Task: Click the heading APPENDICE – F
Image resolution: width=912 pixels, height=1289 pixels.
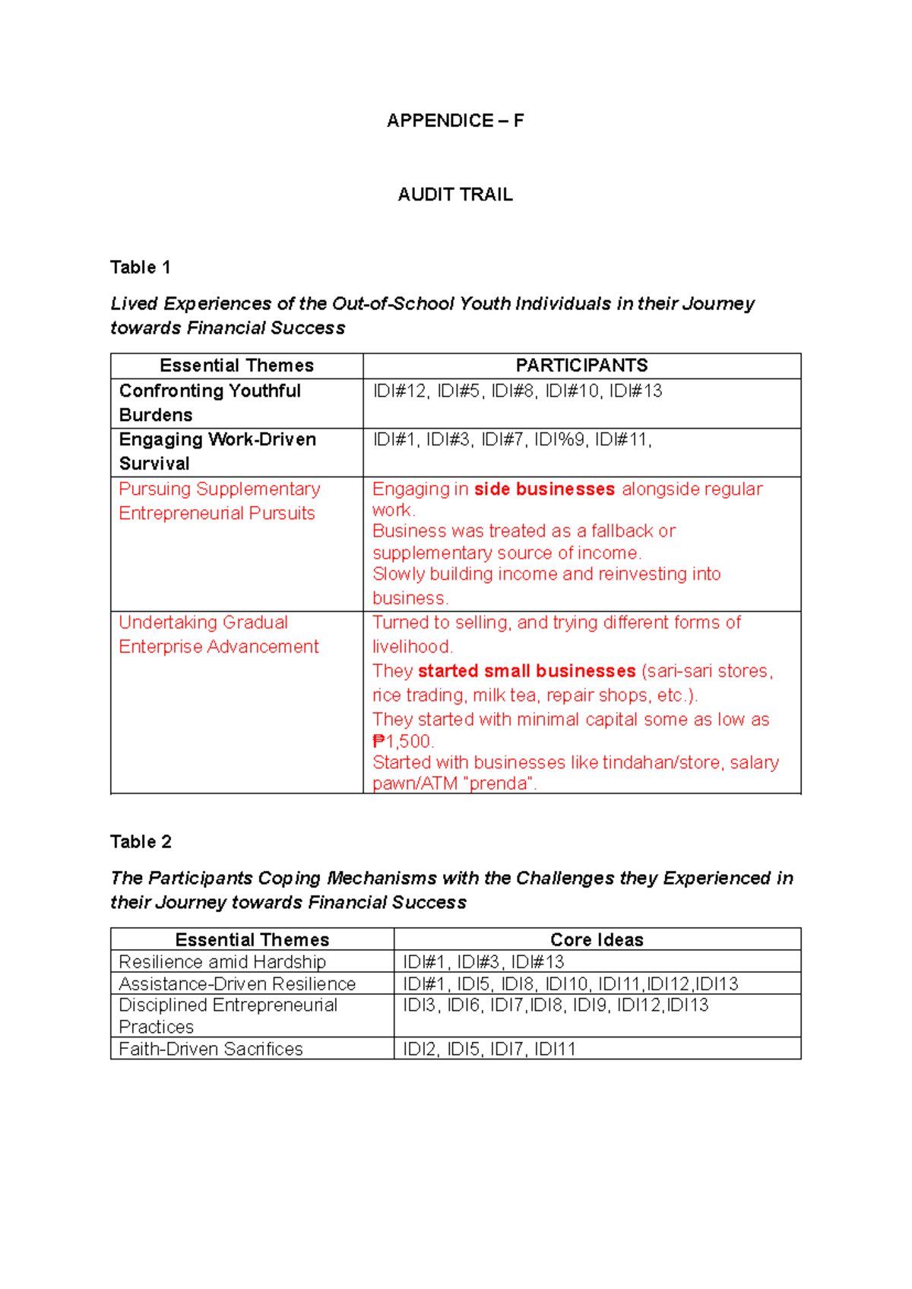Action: pyautogui.click(x=454, y=121)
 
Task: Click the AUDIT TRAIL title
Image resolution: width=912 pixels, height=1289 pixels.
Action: pyautogui.click(x=454, y=195)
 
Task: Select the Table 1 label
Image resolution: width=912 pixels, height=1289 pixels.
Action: pyautogui.click(x=140, y=268)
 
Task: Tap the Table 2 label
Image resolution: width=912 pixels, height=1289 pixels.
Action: pyautogui.click(x=141, y=841)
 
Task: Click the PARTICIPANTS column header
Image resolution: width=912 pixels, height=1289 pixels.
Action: pyautogui.click(x=581, y=366)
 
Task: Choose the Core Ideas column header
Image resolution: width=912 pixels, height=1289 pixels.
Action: pyautogui.click(x=597, y=939)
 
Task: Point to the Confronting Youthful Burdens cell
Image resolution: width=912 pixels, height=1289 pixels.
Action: pyautogui.click(x=210, y=403)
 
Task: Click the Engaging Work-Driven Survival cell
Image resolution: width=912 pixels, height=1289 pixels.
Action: pyautogui.click(x=217, y=451)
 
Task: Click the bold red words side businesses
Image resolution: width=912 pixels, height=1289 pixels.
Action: pyautogui.click(x=544, y=489)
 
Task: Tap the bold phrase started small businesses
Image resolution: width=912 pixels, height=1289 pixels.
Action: pyautogui.click(x=526, y=671)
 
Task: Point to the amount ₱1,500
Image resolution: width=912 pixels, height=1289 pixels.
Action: pyautogui.click(x=403, y=741)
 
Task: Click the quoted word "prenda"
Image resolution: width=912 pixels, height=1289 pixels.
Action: pyautogui.click(x=499, y=784)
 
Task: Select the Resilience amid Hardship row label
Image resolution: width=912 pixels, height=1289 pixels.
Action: pyautogui.click(x=222, y=961)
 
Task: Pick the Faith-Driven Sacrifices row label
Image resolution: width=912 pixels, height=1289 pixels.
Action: pyautogui.click(x=211, y=1049)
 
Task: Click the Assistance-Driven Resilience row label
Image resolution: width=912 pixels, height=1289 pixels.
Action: pyautogui.click(x=237, y=983)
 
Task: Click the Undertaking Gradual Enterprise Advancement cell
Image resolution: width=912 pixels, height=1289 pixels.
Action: pyautogui.click(x=219, y=635)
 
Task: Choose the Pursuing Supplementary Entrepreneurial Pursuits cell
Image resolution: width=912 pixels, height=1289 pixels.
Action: pyautogui.click(x=219, y=501)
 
